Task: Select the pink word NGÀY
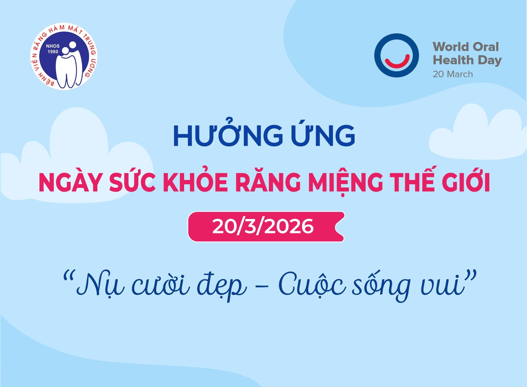coord(71,183)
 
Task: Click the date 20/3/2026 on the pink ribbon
coord(263,227)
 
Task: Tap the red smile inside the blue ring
coord(397,62)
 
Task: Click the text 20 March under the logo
coord(453,74)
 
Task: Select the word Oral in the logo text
coord(486,47)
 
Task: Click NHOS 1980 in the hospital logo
coord(53,49)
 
